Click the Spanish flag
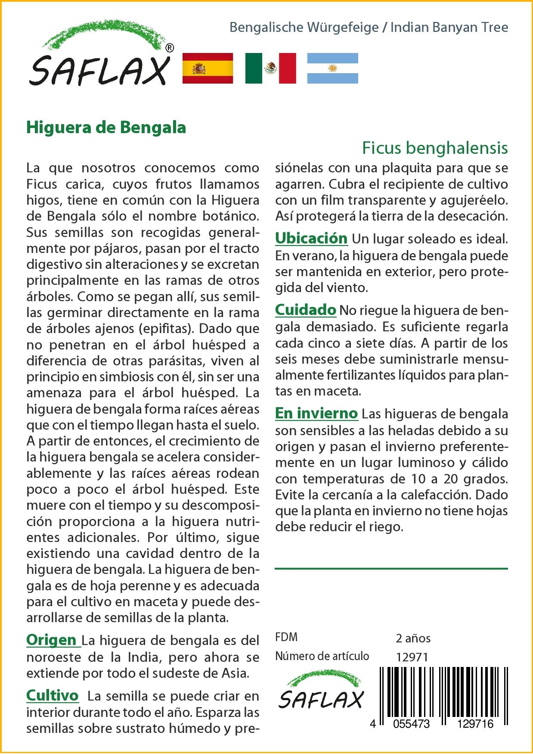pyautogui.click(x=208, y=68)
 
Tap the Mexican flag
pyautogui.click(x=270, y=68)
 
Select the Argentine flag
pyautogui.click(x=332, y=68)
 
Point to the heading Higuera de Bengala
pyautogui.click(x=106, y=128)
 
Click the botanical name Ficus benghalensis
pyautogui.click(x=435, y=148)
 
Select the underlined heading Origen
pyautogui.click(x=53, y=640)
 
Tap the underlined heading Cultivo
pyautogui.click(x=53, y=695)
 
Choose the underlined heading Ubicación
pyautogui.click(x=311, y=238)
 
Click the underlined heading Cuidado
pyautogui.click(x=306, y=310)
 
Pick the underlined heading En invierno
pyautogui.click(x=316, y=414)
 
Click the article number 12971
pyautogui.click(x=412, y=657)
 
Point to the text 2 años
pyautogui.click(x=413, y=638)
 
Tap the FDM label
pyautogui.click(x=286, y=637)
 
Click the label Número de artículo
pyautogui.click(x=322, y=656)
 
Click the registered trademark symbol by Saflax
pyautogui.click(x=170, y=48)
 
